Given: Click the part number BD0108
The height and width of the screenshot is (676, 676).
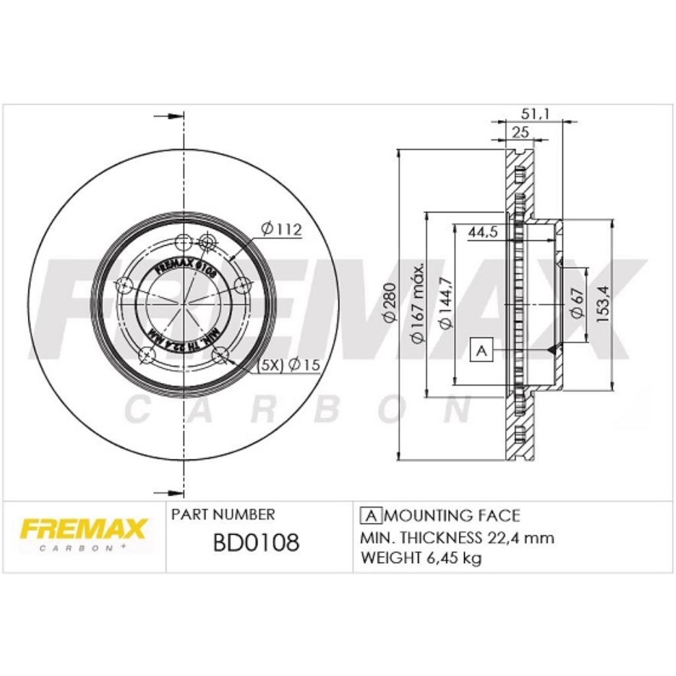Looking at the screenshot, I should click(256, 543).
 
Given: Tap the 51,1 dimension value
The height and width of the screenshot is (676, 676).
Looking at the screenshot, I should click(535, 114).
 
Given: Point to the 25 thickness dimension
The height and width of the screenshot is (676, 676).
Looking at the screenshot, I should click(521, 131).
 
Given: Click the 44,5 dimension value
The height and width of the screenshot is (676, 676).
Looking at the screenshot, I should click(483, 232).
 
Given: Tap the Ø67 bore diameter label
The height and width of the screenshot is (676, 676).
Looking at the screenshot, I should click(577, 303).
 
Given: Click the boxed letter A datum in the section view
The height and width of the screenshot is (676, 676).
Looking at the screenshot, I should click(481, 351).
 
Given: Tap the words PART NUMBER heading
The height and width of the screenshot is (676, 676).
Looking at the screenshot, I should click(222, 514).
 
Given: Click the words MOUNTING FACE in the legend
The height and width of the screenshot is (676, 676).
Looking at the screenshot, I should click(452, 515).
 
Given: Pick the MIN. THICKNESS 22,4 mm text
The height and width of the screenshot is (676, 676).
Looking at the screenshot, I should click(457, 537).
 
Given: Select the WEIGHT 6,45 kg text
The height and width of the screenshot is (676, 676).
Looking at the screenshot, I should click(421, 558).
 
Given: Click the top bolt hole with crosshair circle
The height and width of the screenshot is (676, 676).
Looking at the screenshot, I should click(207, 243).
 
